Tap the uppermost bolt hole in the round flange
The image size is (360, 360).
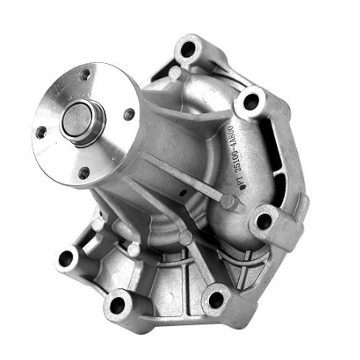[84, 75]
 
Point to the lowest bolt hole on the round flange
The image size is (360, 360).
[84, 172]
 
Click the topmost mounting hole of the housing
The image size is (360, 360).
[188, 50]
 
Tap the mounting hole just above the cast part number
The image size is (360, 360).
[252, 102]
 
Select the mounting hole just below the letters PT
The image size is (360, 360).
[264, 220]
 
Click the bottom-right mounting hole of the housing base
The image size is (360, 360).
[216, 300]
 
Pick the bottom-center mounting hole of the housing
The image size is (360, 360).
[119, 305]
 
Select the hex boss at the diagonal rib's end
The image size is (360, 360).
[228, 202]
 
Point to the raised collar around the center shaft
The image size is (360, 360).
[80, 121]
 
